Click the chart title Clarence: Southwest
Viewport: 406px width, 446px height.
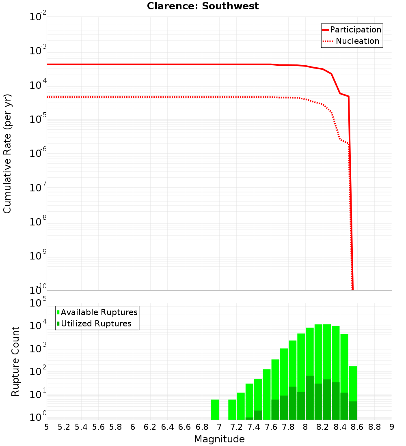point(203,6)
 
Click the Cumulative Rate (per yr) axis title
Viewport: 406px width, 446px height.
point(7,153)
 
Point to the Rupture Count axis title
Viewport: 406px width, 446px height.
point(15,361)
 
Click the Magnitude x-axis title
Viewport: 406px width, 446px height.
point(219,439)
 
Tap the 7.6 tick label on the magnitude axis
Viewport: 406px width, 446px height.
point(271,427)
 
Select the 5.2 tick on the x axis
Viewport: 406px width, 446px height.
point(64,427)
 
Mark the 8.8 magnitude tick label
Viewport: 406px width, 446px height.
point(374,427)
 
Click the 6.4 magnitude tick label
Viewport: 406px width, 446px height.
point(167,427)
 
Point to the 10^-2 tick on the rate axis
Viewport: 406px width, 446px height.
point(38,17)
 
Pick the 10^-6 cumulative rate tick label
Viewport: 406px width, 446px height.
point(38,153)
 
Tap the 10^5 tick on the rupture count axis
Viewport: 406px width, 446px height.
point(38,303)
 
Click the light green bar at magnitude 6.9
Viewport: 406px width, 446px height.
point(215,410)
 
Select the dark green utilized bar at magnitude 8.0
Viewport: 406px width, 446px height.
point(310,397)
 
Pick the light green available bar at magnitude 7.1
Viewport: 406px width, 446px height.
point(232,410)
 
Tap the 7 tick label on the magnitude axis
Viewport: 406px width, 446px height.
point(219,427)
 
